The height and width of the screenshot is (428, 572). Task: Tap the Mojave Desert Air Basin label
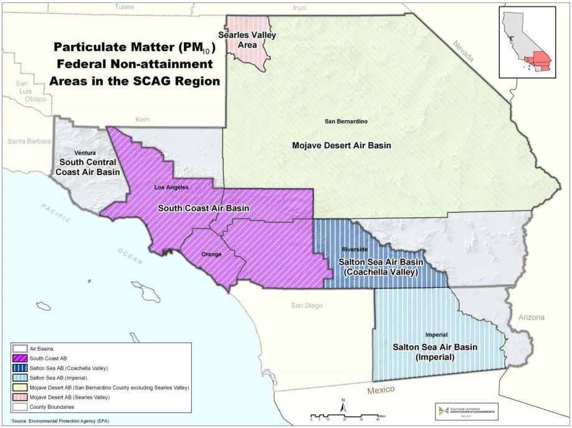click(341, 145)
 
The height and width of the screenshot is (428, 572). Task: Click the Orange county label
click(211, 254)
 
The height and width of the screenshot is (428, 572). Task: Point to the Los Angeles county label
click(171, 187)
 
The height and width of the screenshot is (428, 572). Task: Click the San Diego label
click(309, 306)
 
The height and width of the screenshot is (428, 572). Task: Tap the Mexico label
click(381, 389)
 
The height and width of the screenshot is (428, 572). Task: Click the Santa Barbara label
click(29, 141)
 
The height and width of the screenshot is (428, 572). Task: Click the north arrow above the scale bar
click(343, 406)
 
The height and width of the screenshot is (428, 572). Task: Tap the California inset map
click(527, 43)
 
